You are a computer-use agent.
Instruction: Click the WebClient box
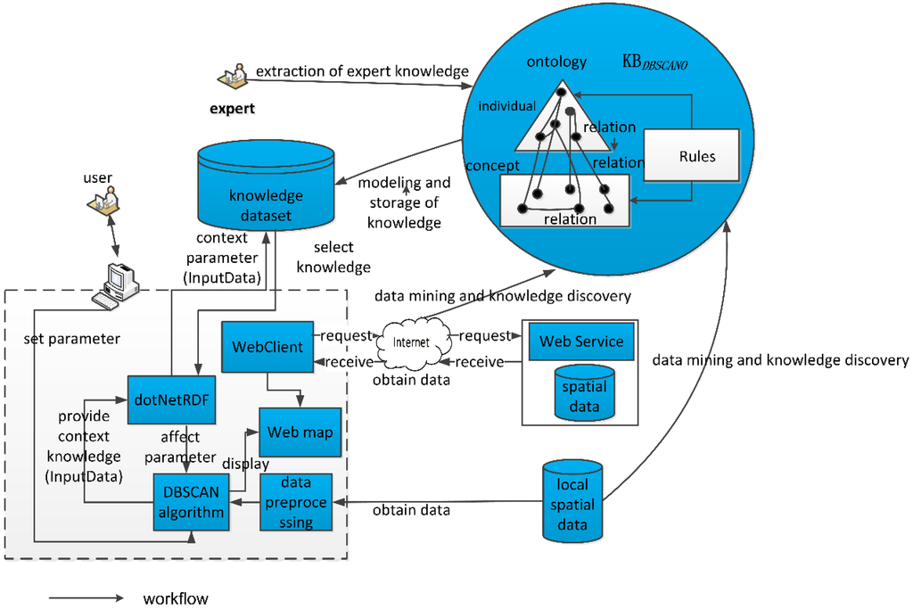[267, 347]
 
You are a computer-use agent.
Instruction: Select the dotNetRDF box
[171, 399]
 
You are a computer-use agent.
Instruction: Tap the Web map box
[300, 432]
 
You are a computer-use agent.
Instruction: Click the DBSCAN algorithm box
[191, 502]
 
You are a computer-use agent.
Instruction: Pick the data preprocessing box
[296, 502]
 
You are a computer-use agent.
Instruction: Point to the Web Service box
[581, 342]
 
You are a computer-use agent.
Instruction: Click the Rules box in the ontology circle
[691, 155]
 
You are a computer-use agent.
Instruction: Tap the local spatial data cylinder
[572, 501]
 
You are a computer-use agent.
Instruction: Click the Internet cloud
[412, 343]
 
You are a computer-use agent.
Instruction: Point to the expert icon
[233, 77]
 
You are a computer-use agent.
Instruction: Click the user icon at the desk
[103, 201]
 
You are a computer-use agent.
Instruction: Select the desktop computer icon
[115, 286]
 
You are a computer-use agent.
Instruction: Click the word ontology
[556, 62]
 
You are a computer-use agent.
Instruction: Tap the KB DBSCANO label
[654, 62]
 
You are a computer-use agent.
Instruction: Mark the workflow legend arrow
[86, 598]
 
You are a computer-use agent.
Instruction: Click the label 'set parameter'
[71, 339]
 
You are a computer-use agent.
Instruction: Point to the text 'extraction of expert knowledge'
[362, 71]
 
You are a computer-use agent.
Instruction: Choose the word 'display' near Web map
[245, 464]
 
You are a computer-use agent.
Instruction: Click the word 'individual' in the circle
[506, 106]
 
